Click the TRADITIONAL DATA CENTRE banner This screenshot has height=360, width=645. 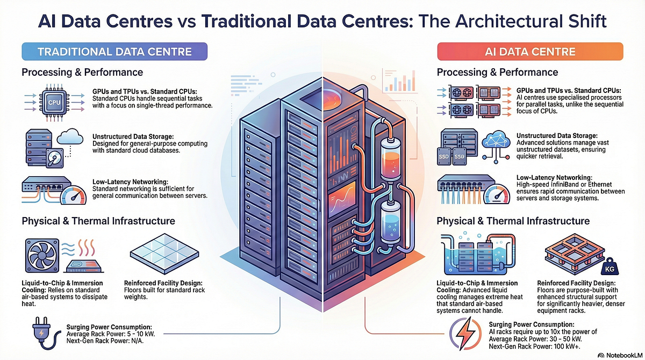coord(114,52)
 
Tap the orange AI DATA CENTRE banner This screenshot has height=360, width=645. coord(530,52)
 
